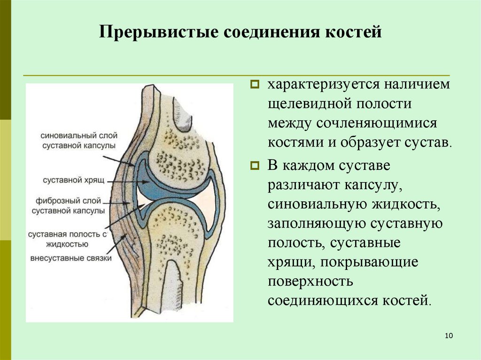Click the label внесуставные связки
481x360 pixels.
coord(70,258)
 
